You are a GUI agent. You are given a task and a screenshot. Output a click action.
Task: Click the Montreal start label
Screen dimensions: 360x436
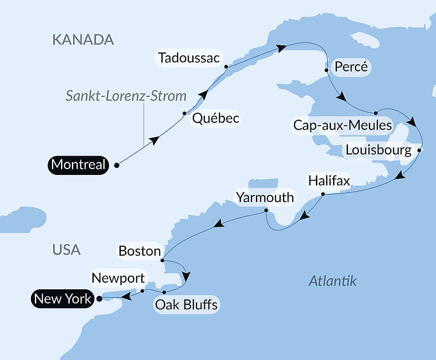pyautogui.click(x=78, y=165)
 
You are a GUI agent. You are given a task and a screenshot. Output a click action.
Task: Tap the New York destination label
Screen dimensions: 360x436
pyautogui.click(x=63, y=299)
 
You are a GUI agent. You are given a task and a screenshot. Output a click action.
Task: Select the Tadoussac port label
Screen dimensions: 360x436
pyautogui.click(x=189, y=58)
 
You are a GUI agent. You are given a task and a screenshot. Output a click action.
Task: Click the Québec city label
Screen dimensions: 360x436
pyautogui.click(x=215, y=118)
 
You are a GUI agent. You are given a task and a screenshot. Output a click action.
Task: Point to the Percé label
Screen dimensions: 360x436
pyautogui.click(x=352, y=68)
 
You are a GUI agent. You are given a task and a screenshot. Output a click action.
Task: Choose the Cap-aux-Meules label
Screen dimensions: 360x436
pyautogui.click(x=342, y=126)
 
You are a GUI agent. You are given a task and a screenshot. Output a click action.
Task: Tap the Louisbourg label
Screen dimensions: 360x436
pyautogui.click(x=378, y=151)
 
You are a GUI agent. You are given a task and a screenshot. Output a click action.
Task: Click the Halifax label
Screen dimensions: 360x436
pyautogui.click(x=329, y=181)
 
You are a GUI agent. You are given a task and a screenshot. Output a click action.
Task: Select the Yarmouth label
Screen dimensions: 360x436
pyautogui.click(x=265, y=197)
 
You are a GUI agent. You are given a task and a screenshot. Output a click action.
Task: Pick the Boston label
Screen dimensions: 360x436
pyautogui.click(x=140, y=251)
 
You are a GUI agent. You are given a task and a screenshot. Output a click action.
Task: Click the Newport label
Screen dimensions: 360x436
pyautogui.click(x=118, y=278)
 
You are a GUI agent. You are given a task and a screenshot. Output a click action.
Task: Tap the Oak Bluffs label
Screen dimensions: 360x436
pyautogui.click(x=187, y=304)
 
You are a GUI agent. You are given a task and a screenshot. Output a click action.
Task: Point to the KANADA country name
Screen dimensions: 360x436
pyautogui.click(x=83, y=39)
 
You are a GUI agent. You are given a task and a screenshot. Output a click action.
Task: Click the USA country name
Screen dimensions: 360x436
pyautogui.click(x=66, y=250)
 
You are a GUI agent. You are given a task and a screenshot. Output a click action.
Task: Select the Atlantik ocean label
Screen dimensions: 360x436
pyautogui.click(x=332, y=281)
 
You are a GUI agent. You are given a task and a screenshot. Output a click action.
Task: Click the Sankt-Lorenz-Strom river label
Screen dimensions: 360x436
pyautogui.click(x=126, y=96)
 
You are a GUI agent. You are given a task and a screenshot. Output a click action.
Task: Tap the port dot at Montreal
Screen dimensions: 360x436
pyautogui.click(x=116, y=165)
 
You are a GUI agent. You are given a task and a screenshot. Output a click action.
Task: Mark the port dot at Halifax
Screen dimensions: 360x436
pyautogui.click(x=323, y=194)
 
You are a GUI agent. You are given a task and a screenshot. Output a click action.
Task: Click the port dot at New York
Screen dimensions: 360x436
pyautogui.click(x=99, y=299)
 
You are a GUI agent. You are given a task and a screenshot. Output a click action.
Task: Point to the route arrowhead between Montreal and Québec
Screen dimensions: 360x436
pyautogui.click(x=154, y=140)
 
